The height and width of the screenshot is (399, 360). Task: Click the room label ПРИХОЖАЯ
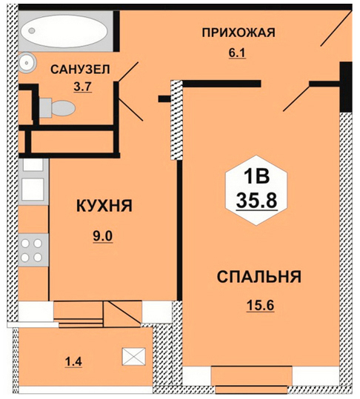click(x=239, y=33)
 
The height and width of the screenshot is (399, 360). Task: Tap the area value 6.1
click(x=237, y=53)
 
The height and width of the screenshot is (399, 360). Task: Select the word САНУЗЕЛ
click(x=80, y=70)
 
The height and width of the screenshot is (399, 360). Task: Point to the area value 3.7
click(x=82, y=87)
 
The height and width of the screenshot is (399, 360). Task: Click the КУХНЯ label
click(x=104, y=205)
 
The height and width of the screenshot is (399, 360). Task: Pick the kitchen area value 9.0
click(x=103, y=237)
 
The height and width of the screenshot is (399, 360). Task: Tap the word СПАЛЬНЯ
click(x=259, y=277)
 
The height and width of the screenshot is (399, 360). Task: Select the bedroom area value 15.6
click(x=260, y=305)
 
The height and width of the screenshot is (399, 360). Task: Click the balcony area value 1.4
click(x=73, y=361)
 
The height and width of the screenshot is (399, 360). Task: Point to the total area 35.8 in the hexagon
click(x=256, y=200)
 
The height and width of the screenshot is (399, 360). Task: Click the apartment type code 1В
click(x=256, y=176)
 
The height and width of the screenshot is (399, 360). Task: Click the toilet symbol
click(x=57, y=108)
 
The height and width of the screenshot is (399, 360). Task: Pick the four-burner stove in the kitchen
click(x=33, y=250)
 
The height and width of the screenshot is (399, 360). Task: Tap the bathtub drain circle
click(x=32, y=31)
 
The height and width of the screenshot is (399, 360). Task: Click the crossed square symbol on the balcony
click(x=134, y=356)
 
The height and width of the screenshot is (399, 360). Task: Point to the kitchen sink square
click(x=33, y=190)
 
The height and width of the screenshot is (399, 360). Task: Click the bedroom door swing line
click(x=296, y=98)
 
